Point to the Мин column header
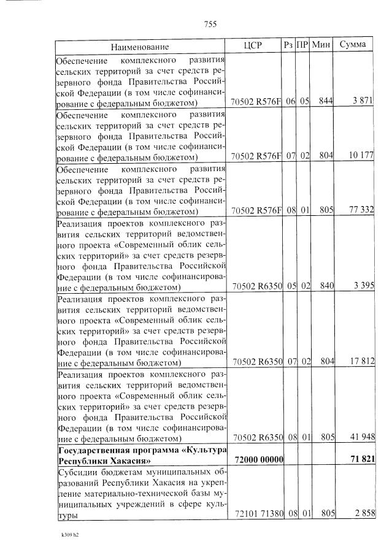point(322,45)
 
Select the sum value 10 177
point(361,156)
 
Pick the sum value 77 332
point(361,210)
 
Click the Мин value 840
point(325,286)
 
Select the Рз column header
point(288,45)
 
